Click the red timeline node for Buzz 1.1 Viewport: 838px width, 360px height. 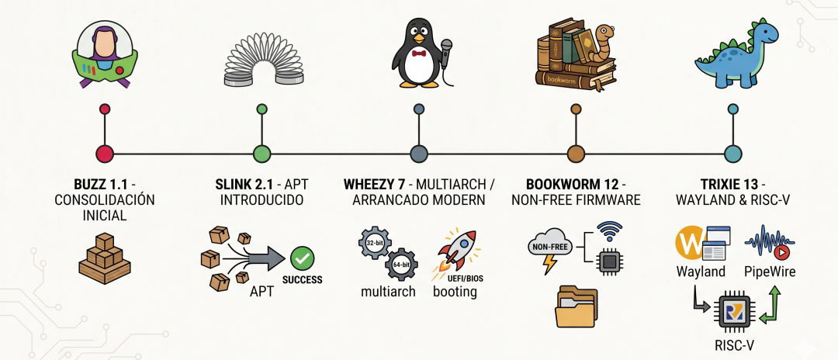(104, 153)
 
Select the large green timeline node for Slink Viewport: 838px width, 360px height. (261, 153)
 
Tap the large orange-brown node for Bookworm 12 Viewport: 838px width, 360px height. (575, 153)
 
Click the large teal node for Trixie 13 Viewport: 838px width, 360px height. (731, 153)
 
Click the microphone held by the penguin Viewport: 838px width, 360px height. (446, 46)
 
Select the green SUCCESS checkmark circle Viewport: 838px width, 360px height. (302, 258)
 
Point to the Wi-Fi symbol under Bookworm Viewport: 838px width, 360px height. (610, 231)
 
